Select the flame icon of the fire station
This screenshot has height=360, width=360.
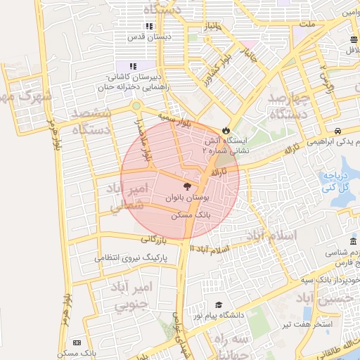point(225,130)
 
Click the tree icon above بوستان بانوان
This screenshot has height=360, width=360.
point(186,186)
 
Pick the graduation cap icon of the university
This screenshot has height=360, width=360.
point(219,305)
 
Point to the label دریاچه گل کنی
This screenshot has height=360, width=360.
point(332,182)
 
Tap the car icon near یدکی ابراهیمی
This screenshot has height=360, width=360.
point(338,131)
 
